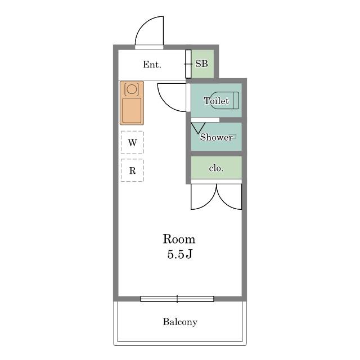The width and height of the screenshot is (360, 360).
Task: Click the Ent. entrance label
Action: pyautogui.click(x=152, y=65)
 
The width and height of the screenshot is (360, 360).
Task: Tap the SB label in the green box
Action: pyautogui.click(x=201, y=64)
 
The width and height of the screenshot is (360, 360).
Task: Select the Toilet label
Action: pyautogui.click(x=216, y=101)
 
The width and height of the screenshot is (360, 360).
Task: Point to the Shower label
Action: pyautogui.click(x=216, y=137)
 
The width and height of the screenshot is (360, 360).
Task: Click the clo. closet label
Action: pyautogui.click(x=216, y=168)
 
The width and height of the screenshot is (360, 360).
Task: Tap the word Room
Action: pyautogui.click(x=179, y=239)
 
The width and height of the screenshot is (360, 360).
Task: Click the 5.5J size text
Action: pyautogui.click(x=179, y=254)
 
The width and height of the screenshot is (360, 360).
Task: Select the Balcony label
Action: pyautogui.click(x=180, y=322)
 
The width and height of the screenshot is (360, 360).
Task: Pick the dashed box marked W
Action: pyautogui.click(x=132, y=142)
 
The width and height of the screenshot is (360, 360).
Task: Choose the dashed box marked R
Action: pyautogui.click(x=132, y=170)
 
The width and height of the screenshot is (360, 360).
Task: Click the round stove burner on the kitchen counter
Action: pyautogui.click(x=132, y=89)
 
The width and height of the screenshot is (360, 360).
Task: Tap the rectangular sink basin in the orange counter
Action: pyautogui.click(x=132, y=110)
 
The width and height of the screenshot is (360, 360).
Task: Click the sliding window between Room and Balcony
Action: pyautogui.click(x=177, y=299)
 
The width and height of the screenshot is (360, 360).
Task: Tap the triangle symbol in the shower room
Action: pyautogui.click(x=198, y=128)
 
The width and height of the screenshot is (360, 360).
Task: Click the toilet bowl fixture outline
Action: pyautogui.click(x=224, y=100)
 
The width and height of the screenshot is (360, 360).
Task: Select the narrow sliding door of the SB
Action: pyautogui.click(x=188, y=64)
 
